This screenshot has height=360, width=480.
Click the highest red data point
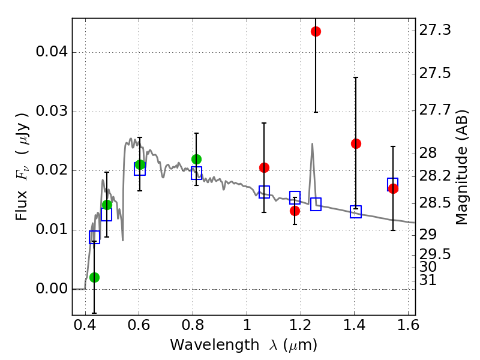point(316,31)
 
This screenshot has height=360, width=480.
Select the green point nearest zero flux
point(94,277)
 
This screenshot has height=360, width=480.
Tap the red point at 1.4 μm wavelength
point(356,143)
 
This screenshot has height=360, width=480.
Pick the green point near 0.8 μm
point(196,159)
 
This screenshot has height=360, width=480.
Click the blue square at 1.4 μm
point(356,211)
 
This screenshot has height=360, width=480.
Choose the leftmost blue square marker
point(94,237)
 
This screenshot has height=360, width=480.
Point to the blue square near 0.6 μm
point(140,169)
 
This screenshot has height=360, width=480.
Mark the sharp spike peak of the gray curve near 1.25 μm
point(312,143)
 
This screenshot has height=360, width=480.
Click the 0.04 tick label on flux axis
point(52,52)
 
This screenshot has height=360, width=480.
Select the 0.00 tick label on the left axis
point(52,289)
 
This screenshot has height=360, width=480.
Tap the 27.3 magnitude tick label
point(434,31)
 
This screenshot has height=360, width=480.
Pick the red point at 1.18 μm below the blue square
point(295,211)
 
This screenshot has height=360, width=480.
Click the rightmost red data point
point(393,188)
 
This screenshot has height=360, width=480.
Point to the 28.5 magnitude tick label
point(434,203)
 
